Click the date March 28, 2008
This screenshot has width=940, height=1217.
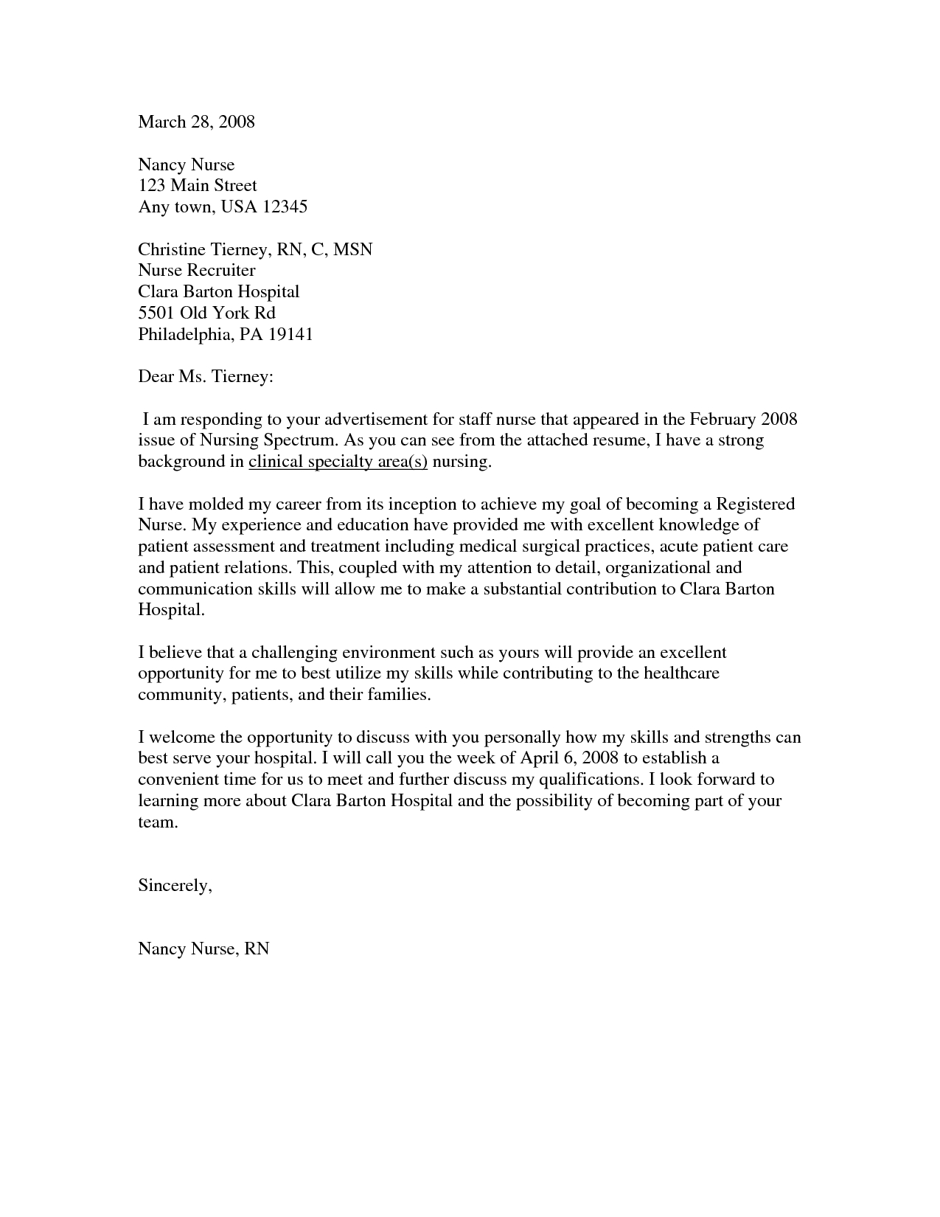[196, 122]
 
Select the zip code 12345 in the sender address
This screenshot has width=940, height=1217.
[284, 207]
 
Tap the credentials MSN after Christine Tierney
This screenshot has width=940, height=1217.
[352, 249]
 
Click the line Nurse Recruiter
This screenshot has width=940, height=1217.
[197, 271]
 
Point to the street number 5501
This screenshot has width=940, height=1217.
[156, 313]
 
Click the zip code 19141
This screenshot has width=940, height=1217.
[290, 334]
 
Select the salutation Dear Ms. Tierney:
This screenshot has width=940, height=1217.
[206, 377]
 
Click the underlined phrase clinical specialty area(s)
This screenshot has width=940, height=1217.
[338, 462]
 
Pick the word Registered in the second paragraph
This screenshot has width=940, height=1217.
[755, 505]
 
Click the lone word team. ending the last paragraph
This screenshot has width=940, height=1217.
[158, 822]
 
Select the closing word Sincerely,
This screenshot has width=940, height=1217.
[175, 886]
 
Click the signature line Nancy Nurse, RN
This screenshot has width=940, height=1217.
[203, 949]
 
